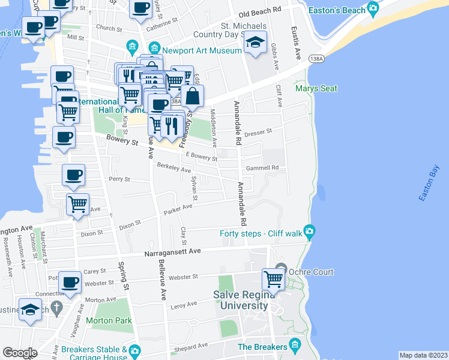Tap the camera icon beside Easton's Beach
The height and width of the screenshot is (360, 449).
[x=373, y=9]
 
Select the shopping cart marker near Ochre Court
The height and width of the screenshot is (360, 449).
[x=273, y=279]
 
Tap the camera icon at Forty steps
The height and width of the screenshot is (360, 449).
[x=309, y=231]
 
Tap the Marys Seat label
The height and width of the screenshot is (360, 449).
[x=316, y=89]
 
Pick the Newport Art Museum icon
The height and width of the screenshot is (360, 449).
[x=155, y=47]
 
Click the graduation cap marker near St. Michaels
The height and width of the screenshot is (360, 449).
[x=256, y=43]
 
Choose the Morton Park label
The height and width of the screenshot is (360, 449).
[x=112, y=320]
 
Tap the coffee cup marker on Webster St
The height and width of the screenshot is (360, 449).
[x=70, y=281]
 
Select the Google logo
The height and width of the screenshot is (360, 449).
[x=20, y=353]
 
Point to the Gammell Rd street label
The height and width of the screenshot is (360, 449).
[x=267, y=168]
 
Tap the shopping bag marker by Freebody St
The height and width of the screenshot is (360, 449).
[x=193, y=95]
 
